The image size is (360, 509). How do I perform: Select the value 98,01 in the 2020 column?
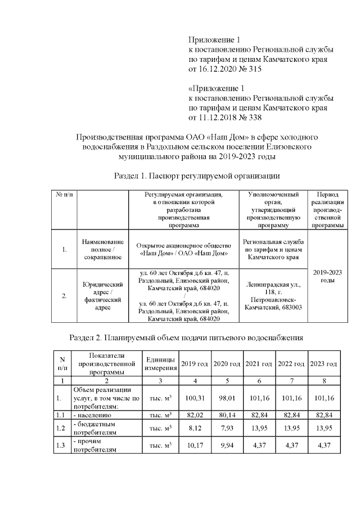point(227,398)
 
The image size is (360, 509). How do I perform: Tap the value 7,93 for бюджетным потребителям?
point(227,429)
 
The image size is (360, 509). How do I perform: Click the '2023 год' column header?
point(324,364)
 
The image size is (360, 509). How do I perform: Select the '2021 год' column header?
point(259,364)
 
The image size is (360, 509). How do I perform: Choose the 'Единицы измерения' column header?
point(160,364)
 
